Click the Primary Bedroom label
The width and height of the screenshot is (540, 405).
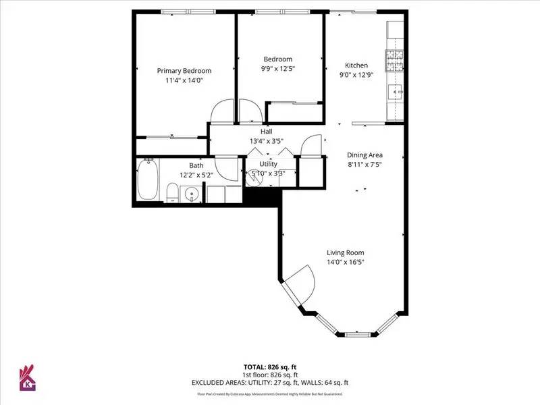coord(184,71)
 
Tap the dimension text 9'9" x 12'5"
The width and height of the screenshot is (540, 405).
coord(278,68)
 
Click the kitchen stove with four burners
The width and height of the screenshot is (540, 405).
coord(394,61)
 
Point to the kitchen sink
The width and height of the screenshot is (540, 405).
coord(396,90)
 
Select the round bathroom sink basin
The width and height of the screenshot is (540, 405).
coord(192,196)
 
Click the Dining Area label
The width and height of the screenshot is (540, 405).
coord(364,155)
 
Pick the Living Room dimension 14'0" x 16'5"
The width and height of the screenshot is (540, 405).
coord(346,262)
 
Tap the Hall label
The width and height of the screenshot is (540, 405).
coord(267,132)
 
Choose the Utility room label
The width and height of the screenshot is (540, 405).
coord(268,163)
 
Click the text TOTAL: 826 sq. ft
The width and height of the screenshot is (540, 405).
coord(269,367)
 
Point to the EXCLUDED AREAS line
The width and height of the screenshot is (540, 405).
coord(269,383)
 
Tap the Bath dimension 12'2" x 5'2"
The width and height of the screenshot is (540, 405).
coord(196,175)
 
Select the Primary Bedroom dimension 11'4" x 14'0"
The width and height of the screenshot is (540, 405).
coord(184,80)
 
